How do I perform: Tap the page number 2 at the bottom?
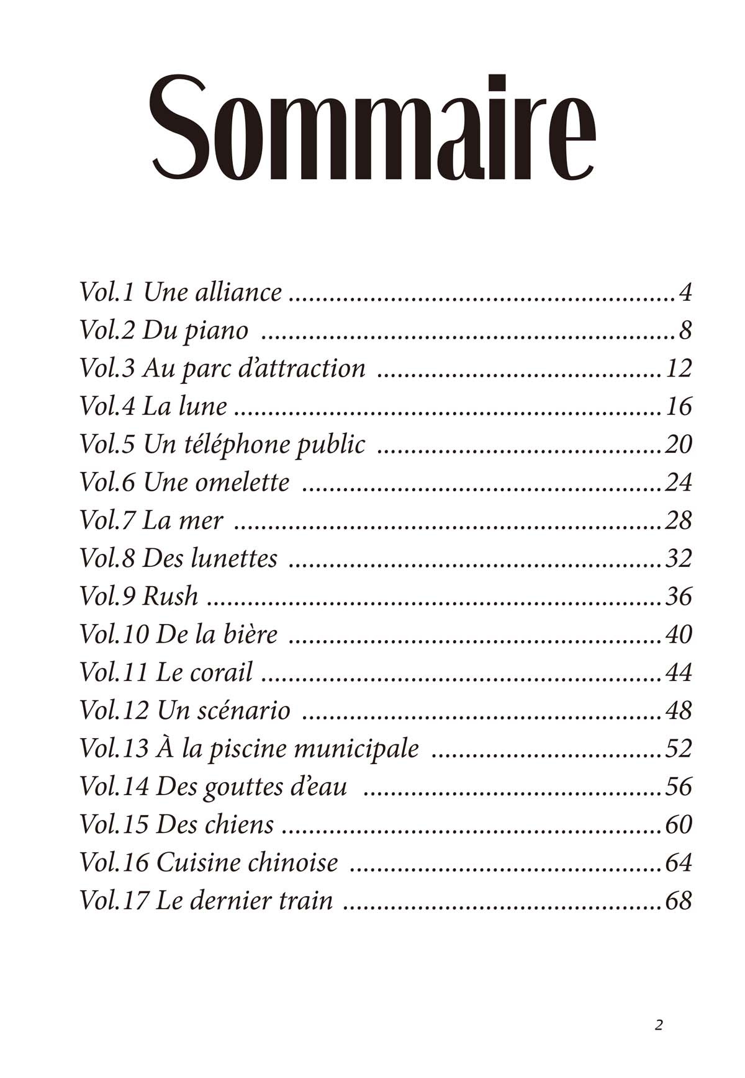tap(659, 1025)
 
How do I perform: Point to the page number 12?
tap(678, 368)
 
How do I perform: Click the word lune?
tap(202, 406)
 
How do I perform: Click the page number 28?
tap(678, 520)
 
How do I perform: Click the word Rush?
tap(170, 596)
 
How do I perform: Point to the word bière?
tap(252, 634)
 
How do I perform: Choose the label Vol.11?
tap(114, 672)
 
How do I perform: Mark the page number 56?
tap(678, 786)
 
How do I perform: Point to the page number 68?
tap(678, 901)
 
